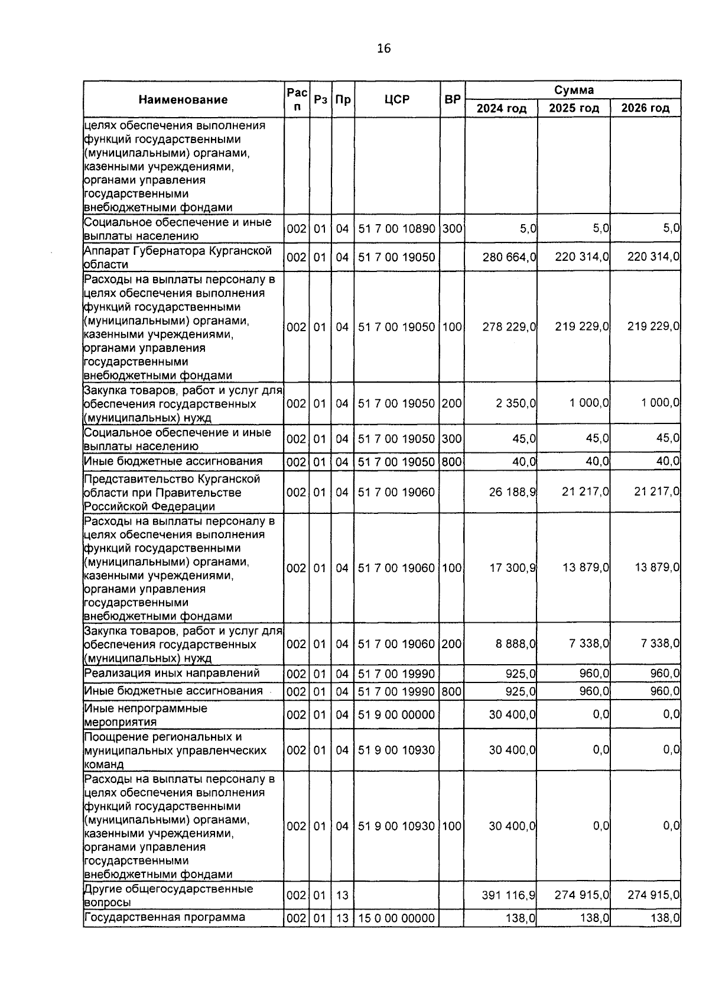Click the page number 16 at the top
[x=383, y=48]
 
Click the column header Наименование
[x=183, y=100]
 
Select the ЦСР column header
[x=396, y=100]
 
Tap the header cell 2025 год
[x=574, y=108]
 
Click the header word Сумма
[x=573, y=90]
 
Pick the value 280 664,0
[x=509, y=257]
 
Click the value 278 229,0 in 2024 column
[x=509, y=326]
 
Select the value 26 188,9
[x=512, y=492]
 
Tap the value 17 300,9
[x=512, y=568]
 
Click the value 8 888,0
[x=516, y=643]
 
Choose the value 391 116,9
[x=509, y=895]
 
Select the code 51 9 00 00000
[x=396, y=714]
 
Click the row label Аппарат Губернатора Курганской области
[x=177, y=257]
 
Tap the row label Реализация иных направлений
[x=172, y=673]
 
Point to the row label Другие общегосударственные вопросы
[x=168, y=895]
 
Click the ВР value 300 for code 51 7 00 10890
[x=452, y=229]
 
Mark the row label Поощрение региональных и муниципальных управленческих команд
[x=175, y=750]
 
